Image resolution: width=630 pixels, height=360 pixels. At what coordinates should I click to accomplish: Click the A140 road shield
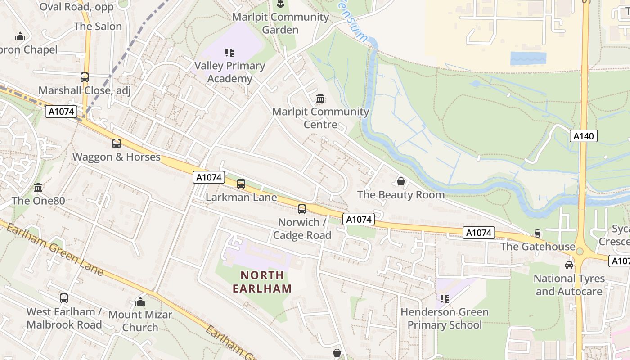pyautogui.click(x=584, y=136)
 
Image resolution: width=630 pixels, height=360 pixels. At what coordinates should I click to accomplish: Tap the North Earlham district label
pyautogui.click(x=262, y=282)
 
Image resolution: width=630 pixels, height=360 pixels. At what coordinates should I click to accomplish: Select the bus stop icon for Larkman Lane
pyautogui.click(x=241, y=184)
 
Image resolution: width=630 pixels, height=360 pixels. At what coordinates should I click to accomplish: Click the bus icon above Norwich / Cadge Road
pyautogui.click(x=302, y=209)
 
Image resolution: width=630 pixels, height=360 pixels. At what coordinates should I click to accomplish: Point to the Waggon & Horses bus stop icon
pyautogui.click(x=117, y=144)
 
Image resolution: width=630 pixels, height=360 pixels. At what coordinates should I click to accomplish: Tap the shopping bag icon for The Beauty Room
pyautogui.click(x=401, y=181)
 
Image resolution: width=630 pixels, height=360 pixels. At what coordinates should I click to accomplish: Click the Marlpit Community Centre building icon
pyautogui.click(x=320, y=98)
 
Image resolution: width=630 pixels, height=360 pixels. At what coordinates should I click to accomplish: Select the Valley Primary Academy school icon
pyautogui.click(x=229, y=53)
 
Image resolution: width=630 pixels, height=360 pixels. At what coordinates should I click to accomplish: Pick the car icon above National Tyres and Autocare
pyautogui.click(x=569, y=265)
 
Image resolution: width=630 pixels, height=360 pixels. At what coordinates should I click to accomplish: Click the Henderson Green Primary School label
pyautogui.click(x=445, y=318)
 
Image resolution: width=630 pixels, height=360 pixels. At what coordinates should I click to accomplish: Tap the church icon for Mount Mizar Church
pyautogui.click(x=140, y=301)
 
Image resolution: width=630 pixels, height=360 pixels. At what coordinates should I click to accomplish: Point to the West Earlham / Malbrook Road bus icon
pyautogui.click(x=64, y=298)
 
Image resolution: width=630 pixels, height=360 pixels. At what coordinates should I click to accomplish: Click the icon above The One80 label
pyautogui.click(x=38, y=187)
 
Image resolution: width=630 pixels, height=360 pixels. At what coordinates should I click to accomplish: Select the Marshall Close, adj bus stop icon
pyautogui.click(x=85, y=77)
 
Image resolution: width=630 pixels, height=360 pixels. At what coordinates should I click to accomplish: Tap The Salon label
pyautogui.click(x=98, y=26)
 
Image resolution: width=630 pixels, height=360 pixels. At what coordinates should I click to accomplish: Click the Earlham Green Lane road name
pyautogui.click(x=54, y=248)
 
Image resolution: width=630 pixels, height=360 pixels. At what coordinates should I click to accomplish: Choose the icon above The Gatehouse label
pyautogui.click(x=537, y=233)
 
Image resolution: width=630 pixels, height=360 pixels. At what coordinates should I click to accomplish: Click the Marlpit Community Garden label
pyautogui.click(x=280, y=23)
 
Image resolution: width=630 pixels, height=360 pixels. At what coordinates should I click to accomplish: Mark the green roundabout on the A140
pyautogui.click(x=580, y=251)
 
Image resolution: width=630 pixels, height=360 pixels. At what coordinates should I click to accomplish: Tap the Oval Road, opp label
pyautogui.click(x=76, y=6)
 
